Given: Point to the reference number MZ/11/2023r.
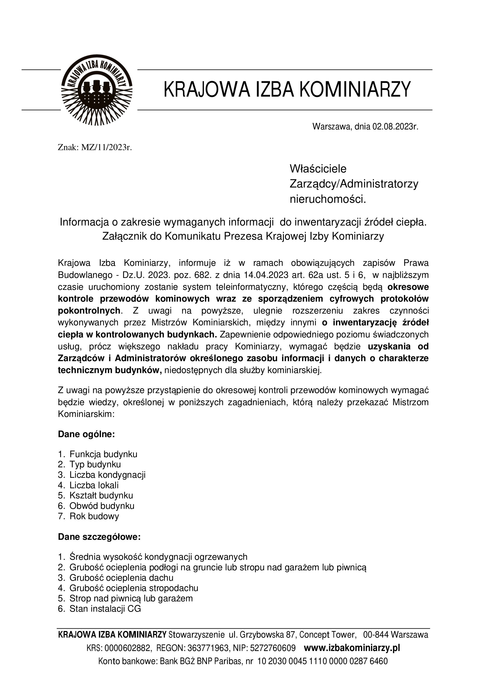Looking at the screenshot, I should [x=107, y=148].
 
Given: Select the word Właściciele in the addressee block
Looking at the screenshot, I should [x=318, y=169].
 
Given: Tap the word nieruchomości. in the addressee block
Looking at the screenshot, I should [x=328, y=199].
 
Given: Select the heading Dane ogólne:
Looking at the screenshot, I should [x=86, y=434].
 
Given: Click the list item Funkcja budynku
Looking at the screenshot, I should [x=103, y=454].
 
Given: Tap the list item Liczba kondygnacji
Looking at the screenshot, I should [x=107, y=475].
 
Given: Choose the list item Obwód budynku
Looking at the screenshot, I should [x=102, y=506].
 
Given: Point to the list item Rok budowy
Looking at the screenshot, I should [x=94, y=516].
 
